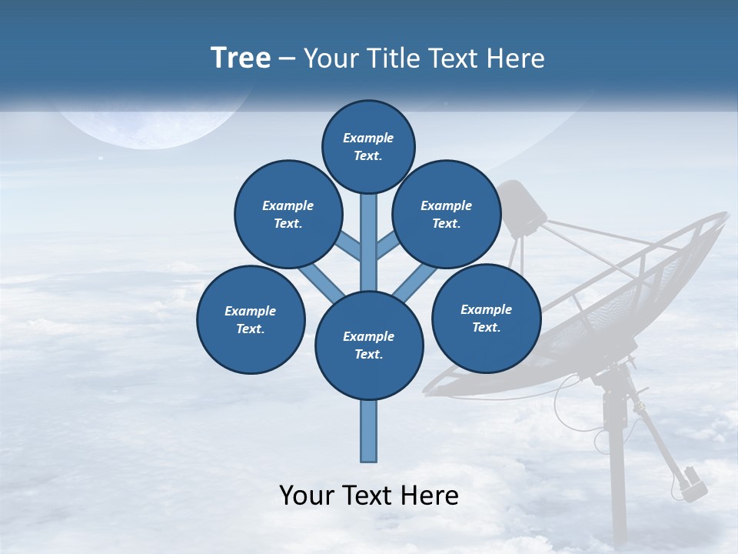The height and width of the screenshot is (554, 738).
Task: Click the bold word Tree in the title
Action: [241, 58]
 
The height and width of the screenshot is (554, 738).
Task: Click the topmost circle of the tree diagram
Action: [368, 146]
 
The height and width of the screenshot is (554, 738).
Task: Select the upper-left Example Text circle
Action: [288, 214]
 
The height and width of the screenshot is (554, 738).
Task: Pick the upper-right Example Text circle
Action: [447, 214]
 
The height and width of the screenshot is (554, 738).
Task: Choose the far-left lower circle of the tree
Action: [251, 319]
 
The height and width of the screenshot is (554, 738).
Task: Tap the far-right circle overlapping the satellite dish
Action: [487, 318]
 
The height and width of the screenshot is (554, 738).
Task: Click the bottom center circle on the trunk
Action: [369, 345]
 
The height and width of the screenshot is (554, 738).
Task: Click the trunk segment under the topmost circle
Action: [369, 231]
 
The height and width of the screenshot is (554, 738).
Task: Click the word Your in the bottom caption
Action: [307, 496]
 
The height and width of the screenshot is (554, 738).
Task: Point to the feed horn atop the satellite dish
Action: [523, 208]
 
